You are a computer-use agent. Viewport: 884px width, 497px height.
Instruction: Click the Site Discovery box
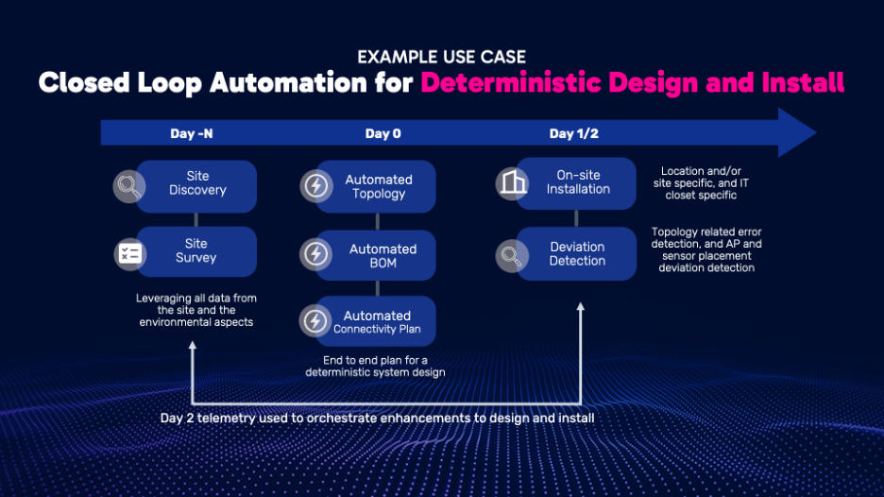(x=196, y=186)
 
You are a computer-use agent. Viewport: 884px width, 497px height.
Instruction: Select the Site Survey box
(x=196, y=251)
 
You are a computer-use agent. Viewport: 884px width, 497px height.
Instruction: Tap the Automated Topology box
(x=376, y=186)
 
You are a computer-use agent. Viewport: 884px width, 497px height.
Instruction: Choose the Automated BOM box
(x=376, y=255)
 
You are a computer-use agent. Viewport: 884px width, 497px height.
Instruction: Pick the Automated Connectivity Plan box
(x=376, y=321)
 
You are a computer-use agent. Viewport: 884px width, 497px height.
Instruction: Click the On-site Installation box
(x=576, y=183)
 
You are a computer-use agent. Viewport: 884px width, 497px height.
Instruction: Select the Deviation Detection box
(x=576, y=254)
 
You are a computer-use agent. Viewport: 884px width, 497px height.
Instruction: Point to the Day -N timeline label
(x=192, y=134)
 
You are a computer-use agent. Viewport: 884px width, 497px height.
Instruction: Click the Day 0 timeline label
(x=382, y=134)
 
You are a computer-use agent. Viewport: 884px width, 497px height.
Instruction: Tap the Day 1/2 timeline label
(x=574, y=134)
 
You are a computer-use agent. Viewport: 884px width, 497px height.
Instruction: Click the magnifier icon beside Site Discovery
(x=129, y=186)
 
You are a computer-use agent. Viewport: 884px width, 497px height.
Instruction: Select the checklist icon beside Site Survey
(x=130, y=254)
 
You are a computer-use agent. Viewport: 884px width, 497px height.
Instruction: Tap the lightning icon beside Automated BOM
(x=315, y=254)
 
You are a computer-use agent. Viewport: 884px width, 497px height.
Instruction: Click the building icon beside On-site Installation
(x=513, y=183)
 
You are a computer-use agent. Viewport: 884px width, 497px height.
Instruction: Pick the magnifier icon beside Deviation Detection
(x=512, y=256)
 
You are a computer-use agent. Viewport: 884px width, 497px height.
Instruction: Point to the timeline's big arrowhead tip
(x=816, y=132)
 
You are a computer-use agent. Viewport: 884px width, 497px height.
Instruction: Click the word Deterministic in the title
(x=511, y=82)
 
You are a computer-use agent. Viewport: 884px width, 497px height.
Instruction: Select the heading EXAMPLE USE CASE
(x=441, y=57)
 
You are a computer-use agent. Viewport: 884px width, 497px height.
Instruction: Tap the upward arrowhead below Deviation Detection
(x=580, y=307)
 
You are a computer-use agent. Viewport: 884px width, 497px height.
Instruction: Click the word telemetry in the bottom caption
(x=229, y=418)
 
